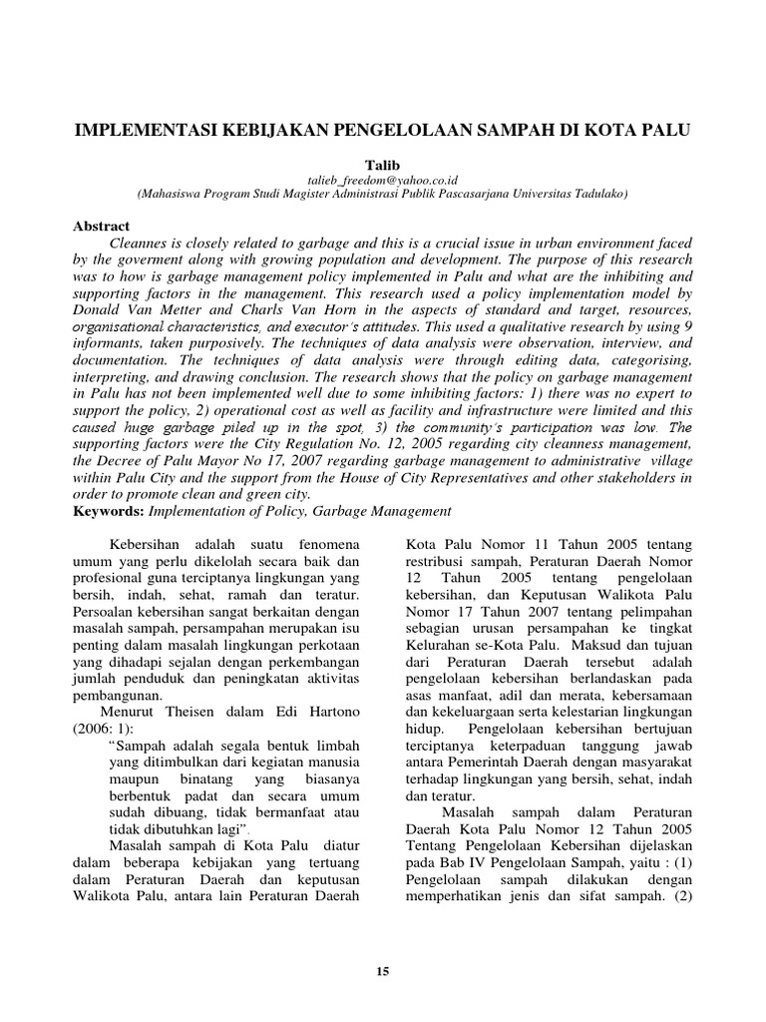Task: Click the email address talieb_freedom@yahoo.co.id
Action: point(382,178)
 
